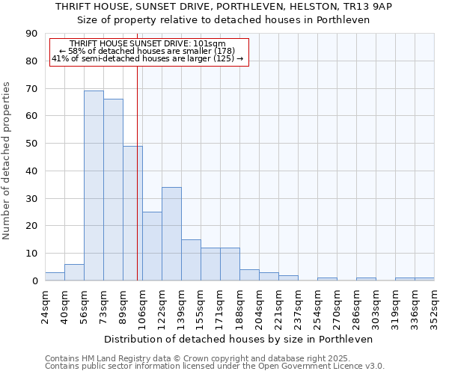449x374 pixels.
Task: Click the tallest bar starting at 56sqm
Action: pyautogui.click(x=94, y=186)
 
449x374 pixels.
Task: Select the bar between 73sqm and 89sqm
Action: pyautogui.click(x=113, y=190)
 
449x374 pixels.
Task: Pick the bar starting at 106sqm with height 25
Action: pyautogui.click(x=152, y=246)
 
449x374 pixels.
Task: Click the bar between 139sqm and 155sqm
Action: pyautogui.click(x=191, y=260)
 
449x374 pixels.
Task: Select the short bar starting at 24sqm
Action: pyautogui.click(x=55, y=277)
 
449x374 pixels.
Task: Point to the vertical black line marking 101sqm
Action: pyautogui.click(x=137, y=172)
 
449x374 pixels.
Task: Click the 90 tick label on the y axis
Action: pyautogui.click(x=31, y=34)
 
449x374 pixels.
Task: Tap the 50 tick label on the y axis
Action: pyautogui.click(x=31, y=144)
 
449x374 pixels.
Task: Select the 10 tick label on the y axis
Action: pyautogui.click(x=31, y=254)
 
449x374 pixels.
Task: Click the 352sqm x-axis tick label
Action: pyautogui.click(x=435, y=307)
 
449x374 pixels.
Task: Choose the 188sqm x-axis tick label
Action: pyautogui.click(x=240, y=307)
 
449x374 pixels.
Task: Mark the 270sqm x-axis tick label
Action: pyautogui.click(x=337, y=307)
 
